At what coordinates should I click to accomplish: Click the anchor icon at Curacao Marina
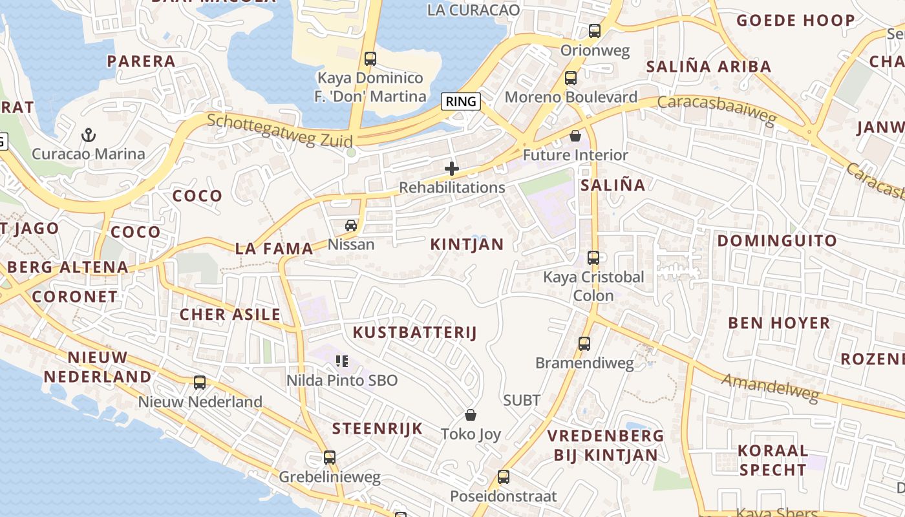pos(89,135)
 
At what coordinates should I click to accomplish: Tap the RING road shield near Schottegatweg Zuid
pos(461,101)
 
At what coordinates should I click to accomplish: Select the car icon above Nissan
pos(351,226)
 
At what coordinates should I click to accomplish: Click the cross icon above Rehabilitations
pos(452,169)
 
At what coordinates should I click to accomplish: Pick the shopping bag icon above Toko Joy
pos(471,415)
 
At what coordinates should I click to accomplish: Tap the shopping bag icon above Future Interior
pos(575,136)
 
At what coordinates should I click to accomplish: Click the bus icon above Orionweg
pos(595,30)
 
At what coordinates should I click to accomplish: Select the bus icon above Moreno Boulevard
pos(571,78)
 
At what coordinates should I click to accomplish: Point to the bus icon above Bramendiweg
pos(584,344)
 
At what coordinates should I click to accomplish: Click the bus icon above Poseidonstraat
pos(504,478)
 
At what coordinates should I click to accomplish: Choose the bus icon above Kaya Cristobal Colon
pos(593,258)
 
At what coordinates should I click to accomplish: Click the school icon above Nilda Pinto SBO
pos(342,361)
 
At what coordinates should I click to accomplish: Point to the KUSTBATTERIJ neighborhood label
pos(414,333)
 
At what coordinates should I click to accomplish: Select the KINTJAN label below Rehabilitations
pos(467,244)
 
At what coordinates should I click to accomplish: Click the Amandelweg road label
pos(770,388)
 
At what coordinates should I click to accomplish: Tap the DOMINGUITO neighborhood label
pos(777,241)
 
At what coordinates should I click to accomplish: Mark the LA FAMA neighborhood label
pos(274,248)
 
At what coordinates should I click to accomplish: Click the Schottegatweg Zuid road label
pos(280,131)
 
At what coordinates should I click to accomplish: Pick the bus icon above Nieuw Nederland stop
pos(200,383)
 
